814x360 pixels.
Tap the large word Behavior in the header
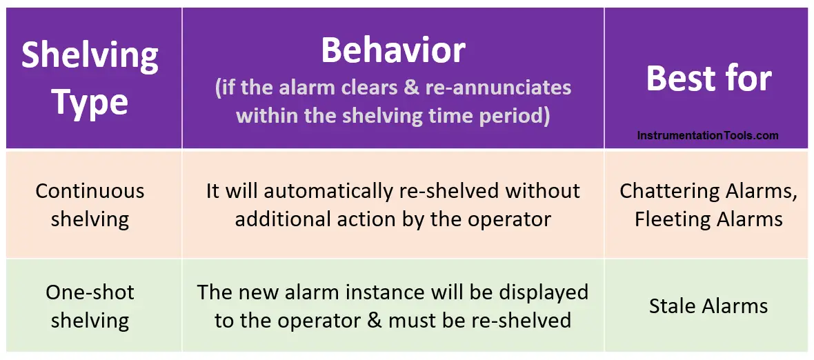click(x=393, y=50)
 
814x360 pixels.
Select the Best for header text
click(x=708, y=79)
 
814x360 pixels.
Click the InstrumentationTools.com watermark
click(x=708, y=136)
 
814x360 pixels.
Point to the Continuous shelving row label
click(x=90, y=205)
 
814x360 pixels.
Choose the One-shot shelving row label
click(x=90, y=306)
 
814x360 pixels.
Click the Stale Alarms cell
click(x=708, y=306)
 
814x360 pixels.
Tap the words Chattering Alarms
click(x=708, y=191)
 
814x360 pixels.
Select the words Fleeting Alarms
click(x=708, y=219)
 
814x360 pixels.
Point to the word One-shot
click(x=90, y=292)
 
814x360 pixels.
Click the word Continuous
click(x=90, y=191)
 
